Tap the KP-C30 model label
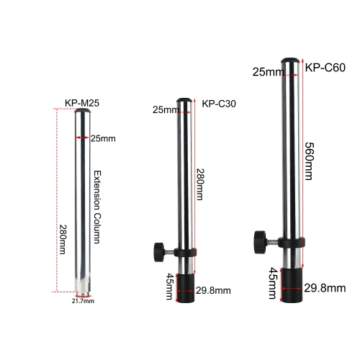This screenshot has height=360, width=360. point(219,103)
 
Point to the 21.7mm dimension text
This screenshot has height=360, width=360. point(83,301)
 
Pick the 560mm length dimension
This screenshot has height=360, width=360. point(309,155)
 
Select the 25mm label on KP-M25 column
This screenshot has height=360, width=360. point(102,138)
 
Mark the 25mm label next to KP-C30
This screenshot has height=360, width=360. point(166,109)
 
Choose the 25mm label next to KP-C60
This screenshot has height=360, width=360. point(268,71)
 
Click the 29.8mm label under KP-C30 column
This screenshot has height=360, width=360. point(212,290)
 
